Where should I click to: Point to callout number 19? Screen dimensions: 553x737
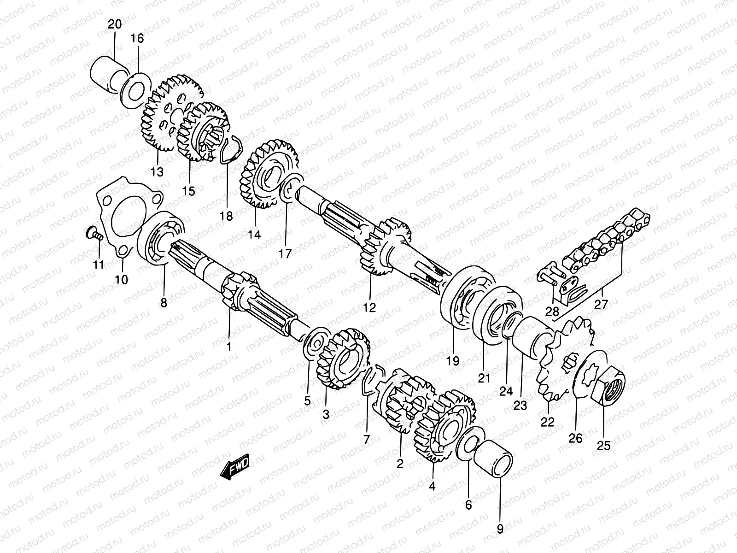(453, 361)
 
